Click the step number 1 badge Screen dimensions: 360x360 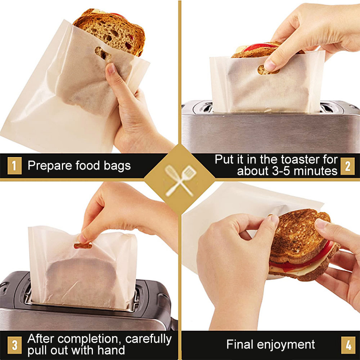click(14, 166)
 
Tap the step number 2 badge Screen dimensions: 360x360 click(347, 166)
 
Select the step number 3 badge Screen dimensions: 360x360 click(14, 345)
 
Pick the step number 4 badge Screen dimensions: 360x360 click(347, 345)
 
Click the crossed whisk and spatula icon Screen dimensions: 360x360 click(180, 180)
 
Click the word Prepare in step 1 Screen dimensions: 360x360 click(49, 166)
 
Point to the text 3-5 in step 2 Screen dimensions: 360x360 click(280, 171)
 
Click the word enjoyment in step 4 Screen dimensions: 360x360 click(292, 345)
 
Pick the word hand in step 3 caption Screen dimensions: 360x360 click(112, 350)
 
